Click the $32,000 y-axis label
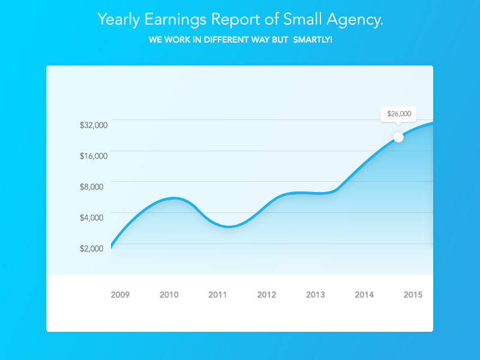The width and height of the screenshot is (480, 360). point(93,125)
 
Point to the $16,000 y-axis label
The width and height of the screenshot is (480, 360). point(93,156)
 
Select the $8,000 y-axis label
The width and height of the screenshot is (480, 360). point(91,187)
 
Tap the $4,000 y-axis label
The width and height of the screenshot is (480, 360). point(91,217)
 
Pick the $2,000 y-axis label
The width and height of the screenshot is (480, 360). point(91,248)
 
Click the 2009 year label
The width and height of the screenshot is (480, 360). point(120,295)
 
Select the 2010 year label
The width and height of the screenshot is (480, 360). point(169,295)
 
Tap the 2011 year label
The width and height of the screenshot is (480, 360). point(218,295)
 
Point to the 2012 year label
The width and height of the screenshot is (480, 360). point(266,295)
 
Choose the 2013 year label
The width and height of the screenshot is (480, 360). point(316,295)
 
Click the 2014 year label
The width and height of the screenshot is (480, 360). point(364,295)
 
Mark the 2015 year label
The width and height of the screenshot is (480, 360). point(413,295)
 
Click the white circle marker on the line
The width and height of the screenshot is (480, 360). point(398,137)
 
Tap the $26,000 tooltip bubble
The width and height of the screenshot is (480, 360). point(398,113)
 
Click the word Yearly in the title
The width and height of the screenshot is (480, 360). point(118,20)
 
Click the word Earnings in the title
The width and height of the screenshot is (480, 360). point(175,20)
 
